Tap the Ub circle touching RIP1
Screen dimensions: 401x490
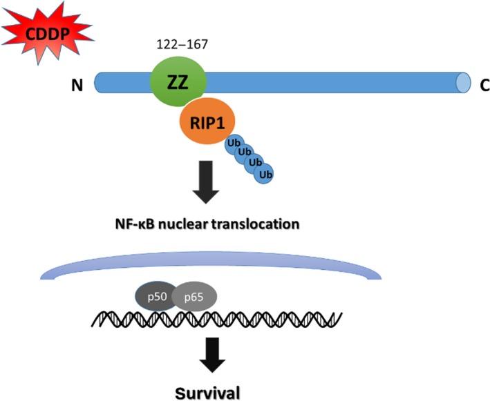[x=232, y=143]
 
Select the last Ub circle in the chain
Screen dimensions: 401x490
[x=263, y=174]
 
